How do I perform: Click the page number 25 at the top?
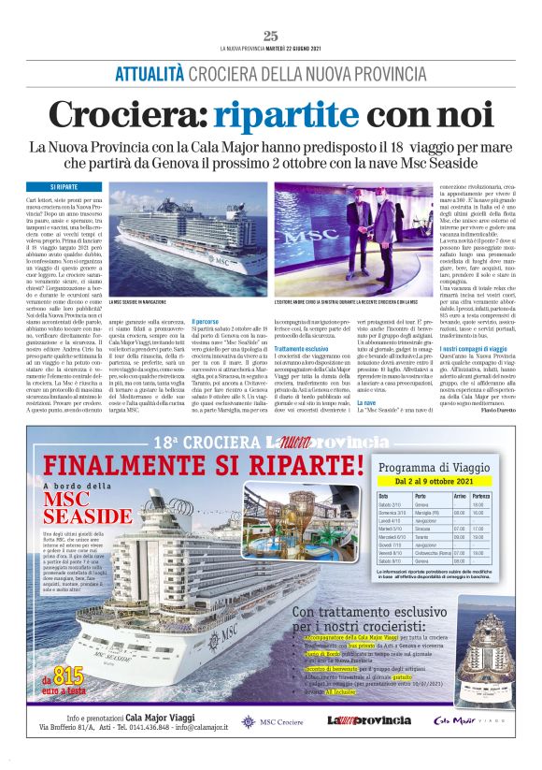pyautogui.click(x=271, y=36)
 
